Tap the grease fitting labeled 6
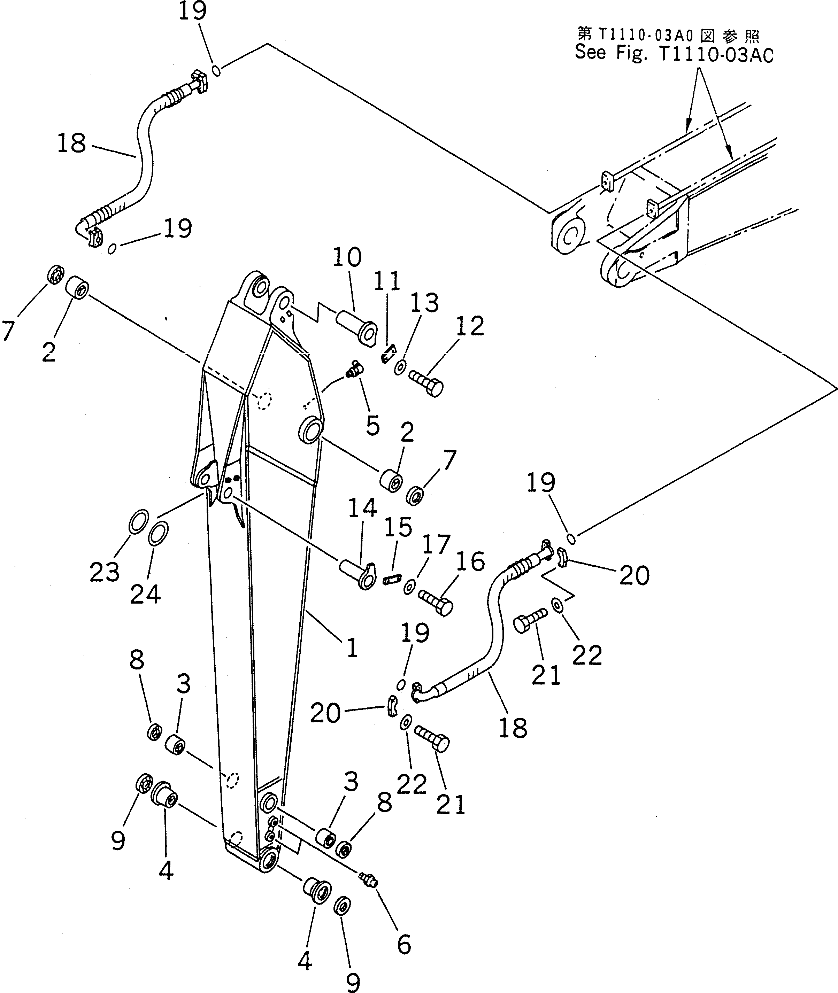[369, 879]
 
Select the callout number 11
[387, 281]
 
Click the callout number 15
[398, 527]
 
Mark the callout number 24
[145, 594]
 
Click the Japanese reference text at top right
[668, 34]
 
